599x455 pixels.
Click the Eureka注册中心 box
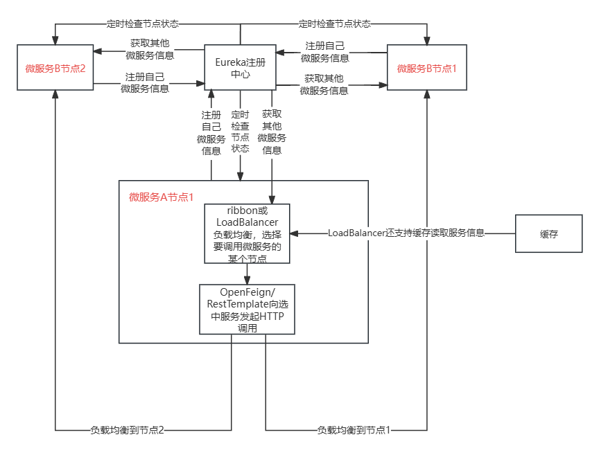point(241,68)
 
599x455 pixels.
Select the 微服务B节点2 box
point(55,68)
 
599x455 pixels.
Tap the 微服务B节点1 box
point(427,68)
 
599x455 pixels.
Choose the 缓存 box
point(549,233)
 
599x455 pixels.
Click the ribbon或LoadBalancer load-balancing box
point(246,233)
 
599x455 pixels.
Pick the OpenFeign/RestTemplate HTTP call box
point(247,310)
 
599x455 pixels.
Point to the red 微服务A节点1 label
point(161,197)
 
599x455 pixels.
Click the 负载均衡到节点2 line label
point(128,430)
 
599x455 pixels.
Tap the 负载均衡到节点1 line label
point(354,430)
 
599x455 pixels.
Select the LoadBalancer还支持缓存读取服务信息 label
point(406,233)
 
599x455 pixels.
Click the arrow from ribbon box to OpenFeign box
point(247,274)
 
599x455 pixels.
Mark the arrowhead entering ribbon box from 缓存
point(293,233)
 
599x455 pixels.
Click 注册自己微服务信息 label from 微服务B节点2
point(145,82)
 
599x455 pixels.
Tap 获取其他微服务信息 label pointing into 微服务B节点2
point(150,49)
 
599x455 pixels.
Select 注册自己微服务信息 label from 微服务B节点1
point(325,52)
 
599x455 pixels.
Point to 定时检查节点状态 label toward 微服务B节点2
point(143,24)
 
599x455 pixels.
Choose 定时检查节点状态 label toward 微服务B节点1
point(335,24)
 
